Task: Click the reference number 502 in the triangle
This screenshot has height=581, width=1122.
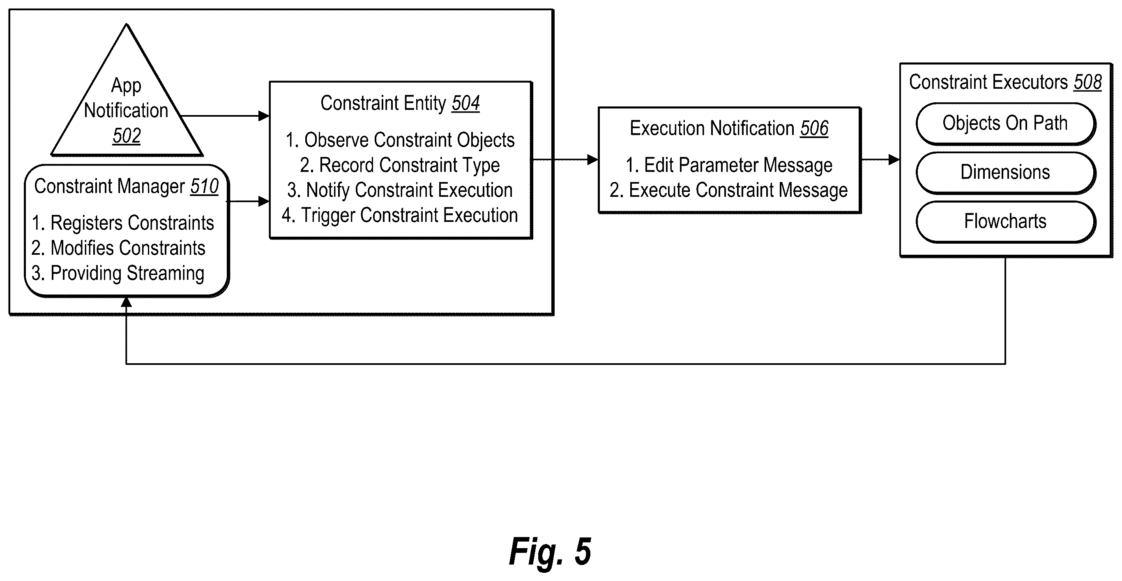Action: (127, 136)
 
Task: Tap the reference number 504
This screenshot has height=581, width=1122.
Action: (465, 103)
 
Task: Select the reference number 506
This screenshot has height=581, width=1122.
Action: (814, 129)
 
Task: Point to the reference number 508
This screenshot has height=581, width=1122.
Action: (1087, 82)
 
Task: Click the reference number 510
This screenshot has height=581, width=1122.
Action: (204, 187)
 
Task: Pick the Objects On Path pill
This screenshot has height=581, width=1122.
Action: (1005, 124)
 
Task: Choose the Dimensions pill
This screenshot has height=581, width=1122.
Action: (1005, 173)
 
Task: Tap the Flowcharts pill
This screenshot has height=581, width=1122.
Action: (1005, 222)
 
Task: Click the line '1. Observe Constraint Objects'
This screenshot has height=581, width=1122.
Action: (400, 140)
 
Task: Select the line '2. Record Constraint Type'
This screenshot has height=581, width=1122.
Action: (400, 166)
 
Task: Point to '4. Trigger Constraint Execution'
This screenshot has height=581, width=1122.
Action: (400, 215)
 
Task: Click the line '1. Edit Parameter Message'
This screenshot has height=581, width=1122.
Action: (729, 166)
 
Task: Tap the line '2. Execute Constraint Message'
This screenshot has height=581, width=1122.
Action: (729, 190)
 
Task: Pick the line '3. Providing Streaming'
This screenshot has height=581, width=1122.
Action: (117, 274)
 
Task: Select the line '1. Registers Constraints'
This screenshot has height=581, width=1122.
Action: (123, 223)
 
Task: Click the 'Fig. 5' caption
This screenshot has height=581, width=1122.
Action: (550, 552)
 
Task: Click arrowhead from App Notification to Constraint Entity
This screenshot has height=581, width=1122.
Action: (264, 116)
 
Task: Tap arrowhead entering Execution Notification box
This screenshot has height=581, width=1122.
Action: (593, 160)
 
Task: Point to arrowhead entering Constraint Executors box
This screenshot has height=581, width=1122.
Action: (894, 159)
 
